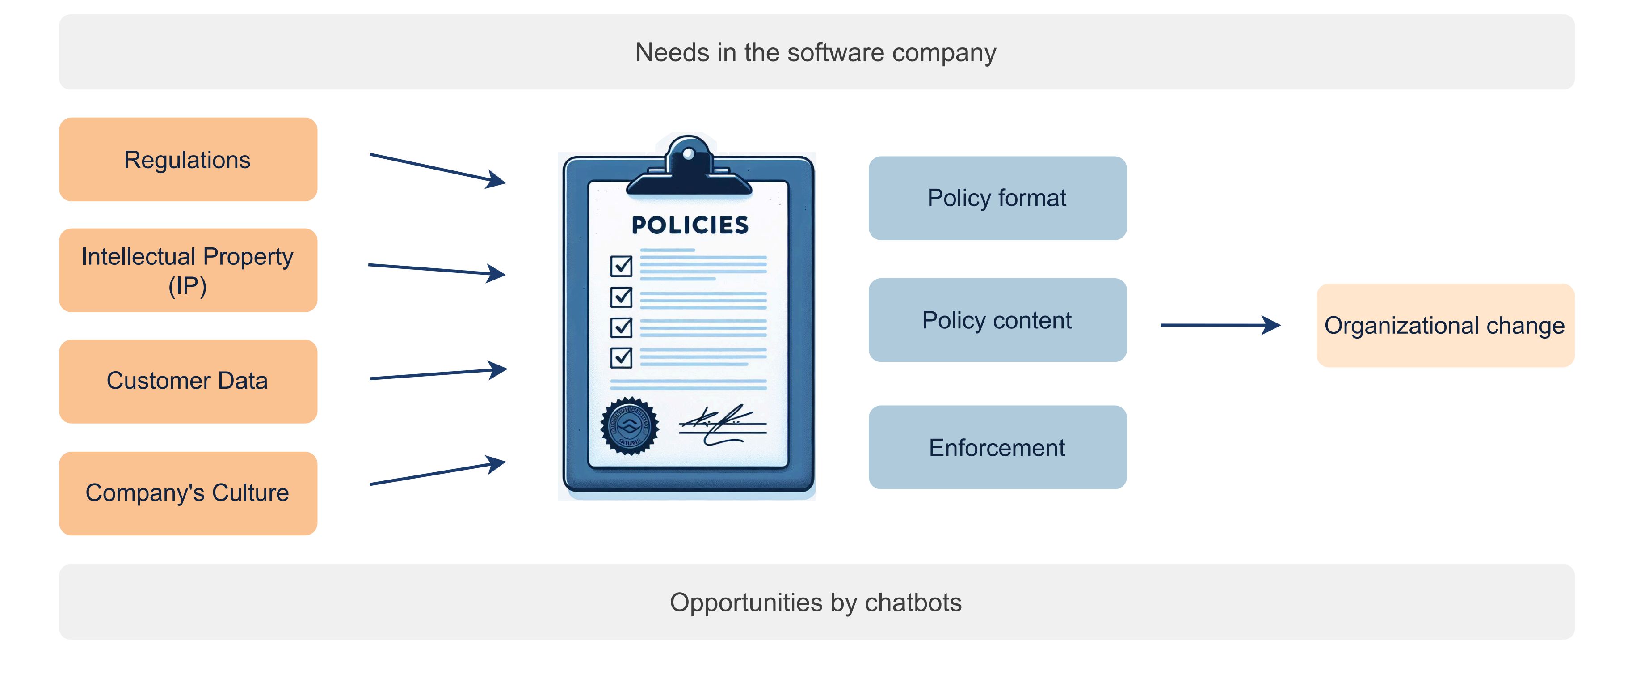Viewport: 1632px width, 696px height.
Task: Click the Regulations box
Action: click(188, 160)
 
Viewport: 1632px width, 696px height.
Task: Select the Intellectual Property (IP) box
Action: click(188, 271)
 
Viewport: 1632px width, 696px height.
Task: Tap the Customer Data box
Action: click(188, 381)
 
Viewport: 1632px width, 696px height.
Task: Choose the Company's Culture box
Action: click(188, 493)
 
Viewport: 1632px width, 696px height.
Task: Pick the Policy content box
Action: click(997, 320)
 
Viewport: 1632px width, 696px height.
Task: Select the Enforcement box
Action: click(997, 447)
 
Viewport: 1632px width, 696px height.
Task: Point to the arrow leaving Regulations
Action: click(437, 169)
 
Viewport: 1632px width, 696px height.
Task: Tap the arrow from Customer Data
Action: click(437, 373)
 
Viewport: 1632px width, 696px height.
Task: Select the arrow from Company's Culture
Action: click(437, 474)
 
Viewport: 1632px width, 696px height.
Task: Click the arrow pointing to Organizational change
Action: click(1220, 325)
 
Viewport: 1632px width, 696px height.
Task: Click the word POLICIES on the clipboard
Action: click(690, 225)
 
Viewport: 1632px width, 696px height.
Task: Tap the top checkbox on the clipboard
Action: click(621, 266)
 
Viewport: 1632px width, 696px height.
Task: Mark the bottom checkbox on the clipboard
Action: click(621, 357)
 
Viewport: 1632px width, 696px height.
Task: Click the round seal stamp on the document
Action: click(629, 426)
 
